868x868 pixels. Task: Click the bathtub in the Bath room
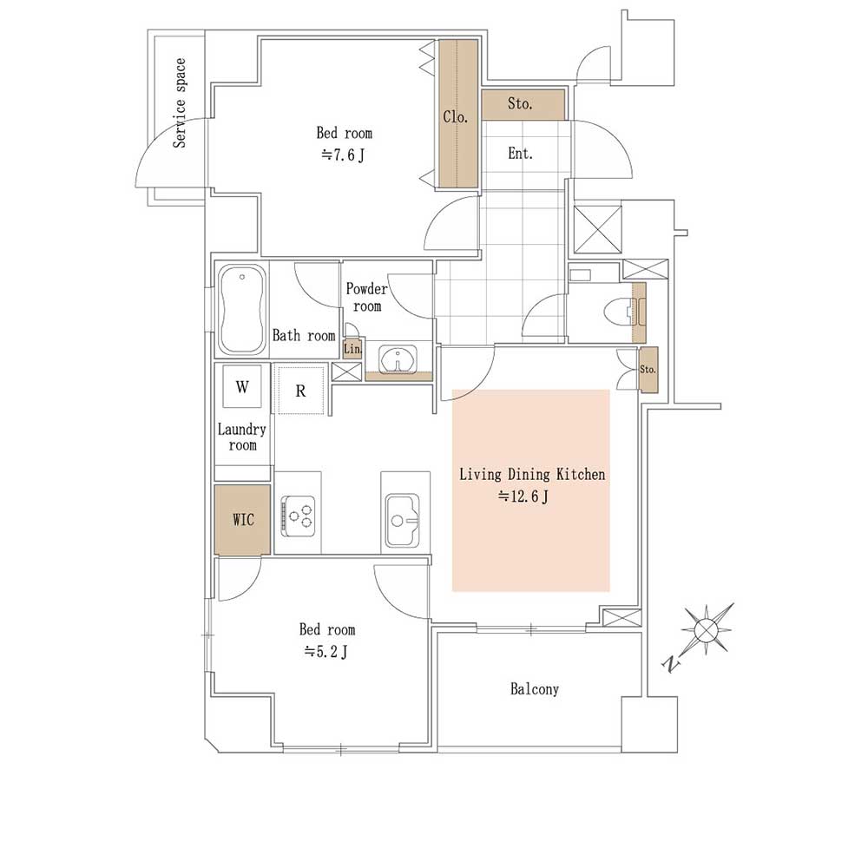coord(242,310)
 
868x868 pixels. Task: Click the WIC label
coord(243,519)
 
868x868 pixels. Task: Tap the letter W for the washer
coord(242,386)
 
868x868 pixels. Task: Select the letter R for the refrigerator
coord(300,391)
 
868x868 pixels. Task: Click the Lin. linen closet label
coord(352,349)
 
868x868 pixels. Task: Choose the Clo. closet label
coord(456,117)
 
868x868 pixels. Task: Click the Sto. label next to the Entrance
coord(520,103)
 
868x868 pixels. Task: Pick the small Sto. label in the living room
coord(648,369)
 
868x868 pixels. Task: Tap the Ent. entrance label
coord(520,154)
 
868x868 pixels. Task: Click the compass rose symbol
coord(707,629)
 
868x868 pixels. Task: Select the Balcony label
coord(534,689)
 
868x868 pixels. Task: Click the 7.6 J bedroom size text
coord(343,155)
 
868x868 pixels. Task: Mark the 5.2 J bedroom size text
coord(326,652)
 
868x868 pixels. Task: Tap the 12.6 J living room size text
coord(523,496)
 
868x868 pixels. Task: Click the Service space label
coord(180,103)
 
